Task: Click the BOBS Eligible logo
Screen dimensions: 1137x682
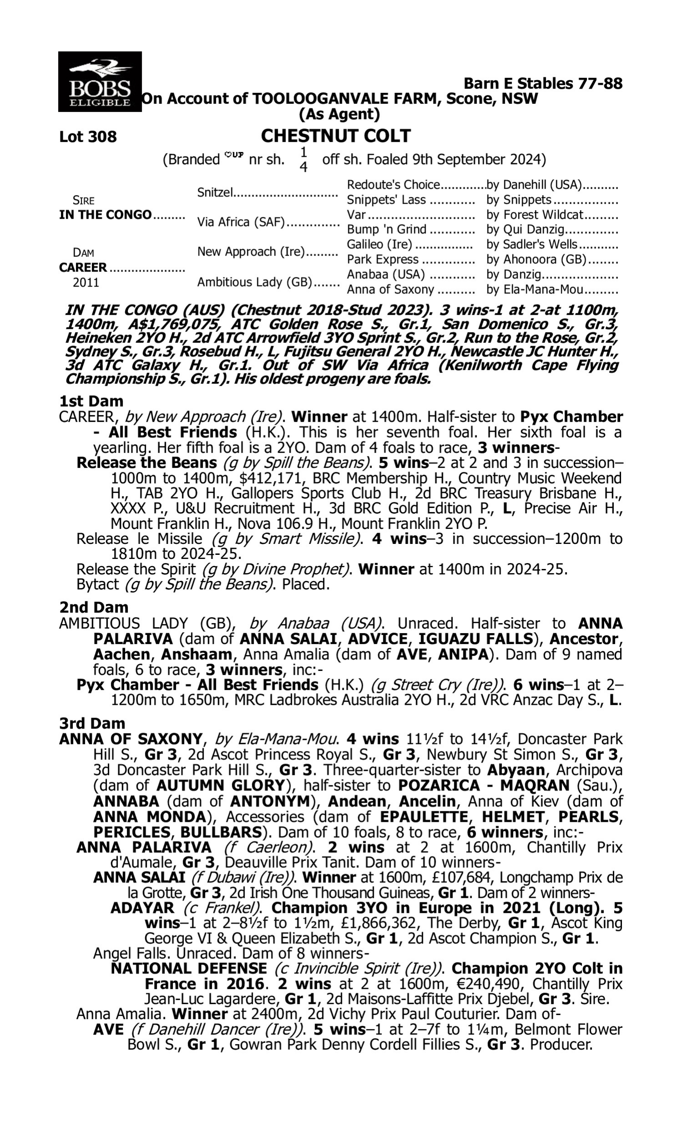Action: pyautogui.click(x=100, y=81)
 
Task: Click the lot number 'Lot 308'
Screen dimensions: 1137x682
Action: pyautogui.click(x=88, y=136)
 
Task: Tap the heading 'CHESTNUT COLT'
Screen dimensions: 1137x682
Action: pyautogui.click(x=336, y=136)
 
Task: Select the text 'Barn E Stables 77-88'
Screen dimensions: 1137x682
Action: pyautogui.click(x=543, y=83)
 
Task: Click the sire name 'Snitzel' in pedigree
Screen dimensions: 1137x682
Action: pyautogui.click(x=215, y=192)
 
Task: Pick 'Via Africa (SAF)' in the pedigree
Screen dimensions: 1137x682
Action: pyautogui.click(x=241, y=222)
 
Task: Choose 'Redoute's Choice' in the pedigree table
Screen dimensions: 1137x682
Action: pyautogui.click(x=393, y=185)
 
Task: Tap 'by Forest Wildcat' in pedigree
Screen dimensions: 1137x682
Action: pyautogui.click(x=535, y=215)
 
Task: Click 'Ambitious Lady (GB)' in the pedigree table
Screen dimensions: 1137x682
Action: pyautogui.click(x=255, y=282)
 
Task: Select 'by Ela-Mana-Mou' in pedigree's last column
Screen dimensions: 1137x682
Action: pyautogui.click(x=535, y=290)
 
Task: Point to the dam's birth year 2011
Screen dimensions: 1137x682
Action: pyautogui.click(x=86, y=282)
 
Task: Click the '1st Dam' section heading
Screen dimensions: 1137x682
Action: pyautogui.click(x=91, y=401)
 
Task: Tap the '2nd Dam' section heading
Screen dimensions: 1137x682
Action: pyautogui.click(x=93, y=607)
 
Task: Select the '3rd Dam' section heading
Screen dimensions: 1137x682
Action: pyautogui.click(x=92, y=723)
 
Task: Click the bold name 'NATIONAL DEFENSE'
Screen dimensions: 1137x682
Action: pyautogui.click(x=189, y=968)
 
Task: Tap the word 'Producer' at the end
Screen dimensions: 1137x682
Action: pyautogui.click(x=560, y=1045)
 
